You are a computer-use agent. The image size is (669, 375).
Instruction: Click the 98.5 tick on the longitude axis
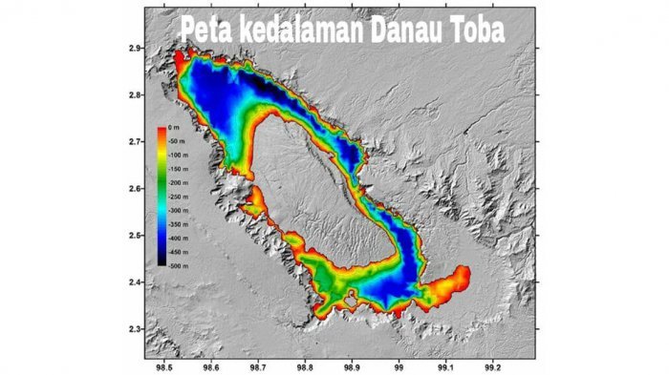pyautogui.click(x=163, y=365)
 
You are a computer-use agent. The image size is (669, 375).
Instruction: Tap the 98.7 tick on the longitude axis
pyautogui.click(x=258, y=365)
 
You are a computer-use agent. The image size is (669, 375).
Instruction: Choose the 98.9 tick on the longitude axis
pyautogui.click(x=352, y=365)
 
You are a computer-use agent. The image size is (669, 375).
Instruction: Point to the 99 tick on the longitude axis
pyautogui.click(x=399, y=365)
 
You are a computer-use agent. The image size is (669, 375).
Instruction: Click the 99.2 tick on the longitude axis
pyautogui.click(x=492, y=365)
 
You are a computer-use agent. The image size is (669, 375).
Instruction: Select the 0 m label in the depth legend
pyautogui.click(x=173, y=128)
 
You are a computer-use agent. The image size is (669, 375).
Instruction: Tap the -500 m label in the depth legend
pyautogui.click(x=179, y=261)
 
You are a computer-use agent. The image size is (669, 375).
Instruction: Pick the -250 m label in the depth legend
pyautogui.click(x=179, y=195)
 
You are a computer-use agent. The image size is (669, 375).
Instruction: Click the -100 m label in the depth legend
pyautogui.click(x=179, y=155)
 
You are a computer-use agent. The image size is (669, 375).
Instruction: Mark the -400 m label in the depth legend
pyautogui.click(x=179, y=235)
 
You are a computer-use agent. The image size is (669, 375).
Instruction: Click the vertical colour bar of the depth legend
pyautogui.click(x=162, y=195)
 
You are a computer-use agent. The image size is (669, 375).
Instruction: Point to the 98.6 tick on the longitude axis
pyautogui.click(x=210, y=365)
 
